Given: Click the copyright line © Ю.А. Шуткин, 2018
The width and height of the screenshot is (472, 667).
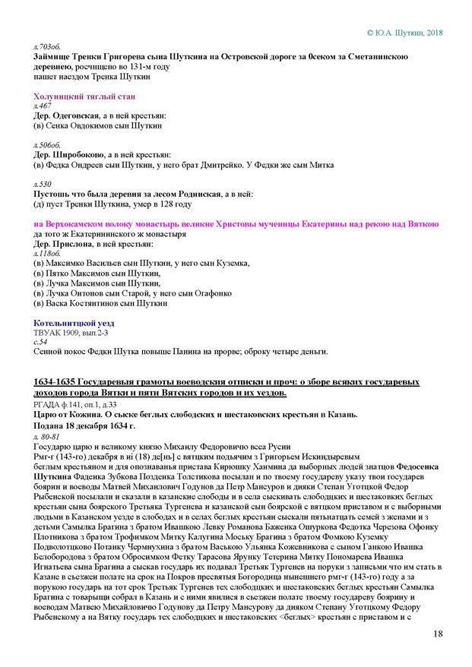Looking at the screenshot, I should pyautogui.click(x=404, y=33).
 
